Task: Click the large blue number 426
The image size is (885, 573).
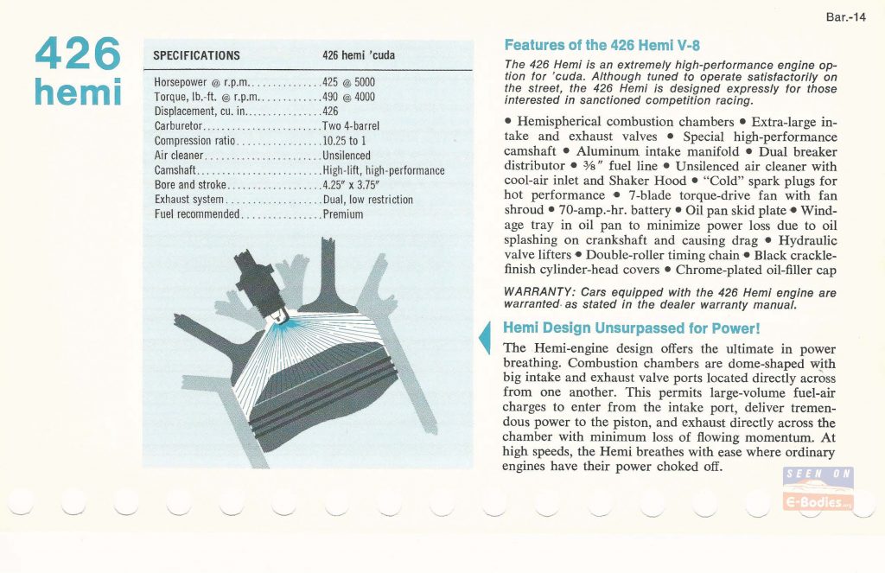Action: [79, 54]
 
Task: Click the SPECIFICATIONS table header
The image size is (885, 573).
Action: [196, 55]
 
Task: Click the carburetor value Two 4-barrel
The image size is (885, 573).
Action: [350, 126]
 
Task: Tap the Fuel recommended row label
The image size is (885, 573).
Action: [196, 214]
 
